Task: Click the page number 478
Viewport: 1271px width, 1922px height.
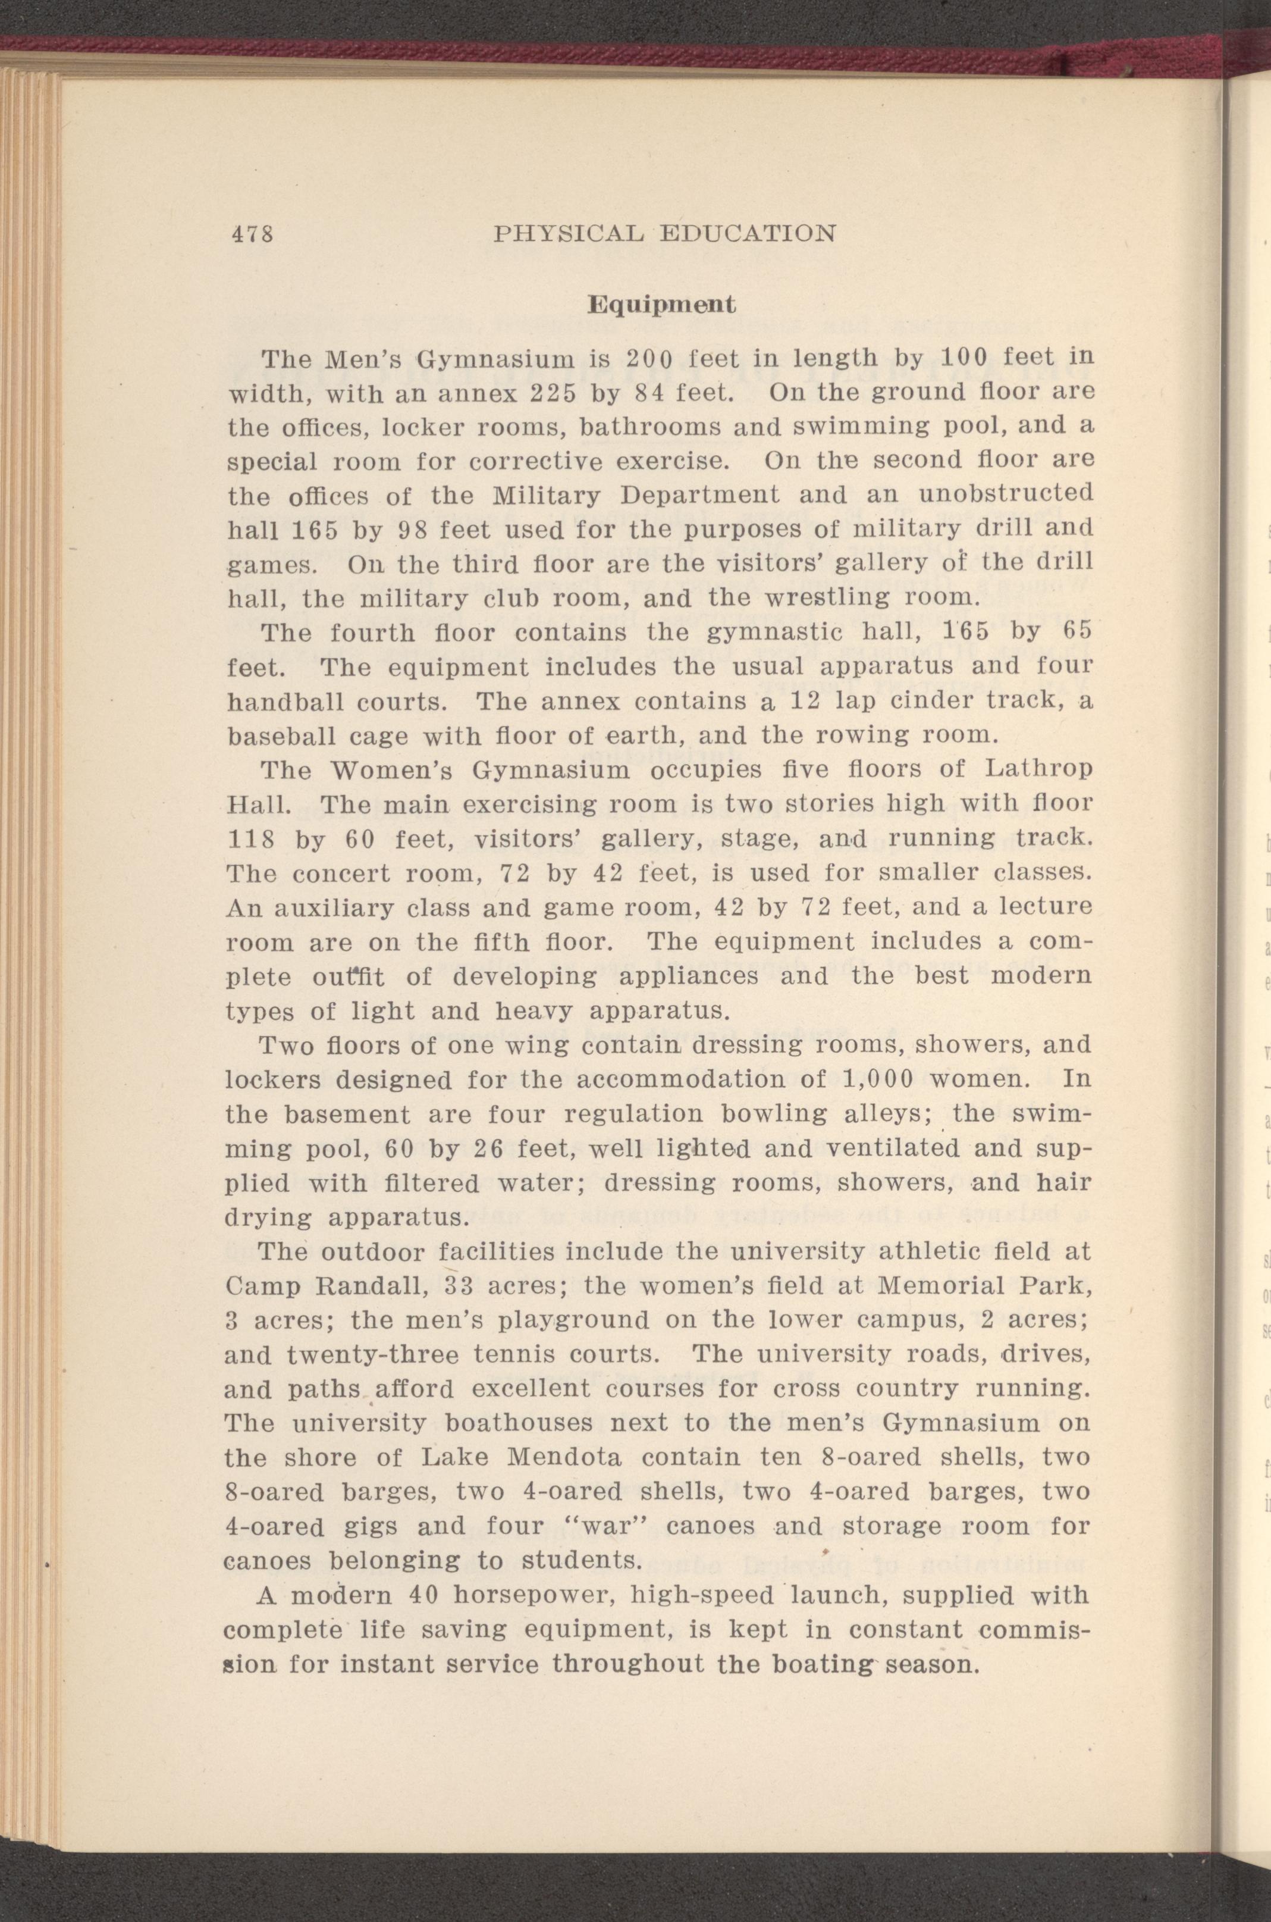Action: point(250,234)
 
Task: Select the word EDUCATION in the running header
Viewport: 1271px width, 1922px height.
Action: point(748,234)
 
